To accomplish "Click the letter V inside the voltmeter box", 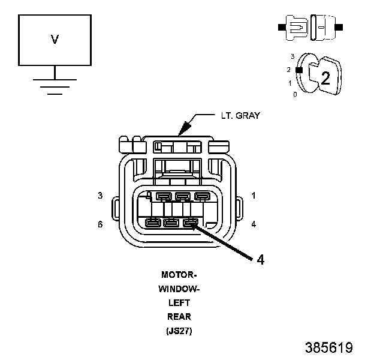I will pos(55,40).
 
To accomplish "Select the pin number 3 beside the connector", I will pos(101,196).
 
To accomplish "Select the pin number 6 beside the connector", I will pos(101,224).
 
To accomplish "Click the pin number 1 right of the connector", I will pos(254,196).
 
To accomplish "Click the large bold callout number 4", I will pos(260,260).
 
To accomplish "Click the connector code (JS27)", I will pos(179,330).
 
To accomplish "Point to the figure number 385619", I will pos(328,347).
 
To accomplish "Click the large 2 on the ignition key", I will pos(325,77).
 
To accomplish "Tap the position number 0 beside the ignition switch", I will pos(295,95).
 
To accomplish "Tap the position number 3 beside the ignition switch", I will pos(292,56).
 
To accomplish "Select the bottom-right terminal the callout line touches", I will pos(190,224).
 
